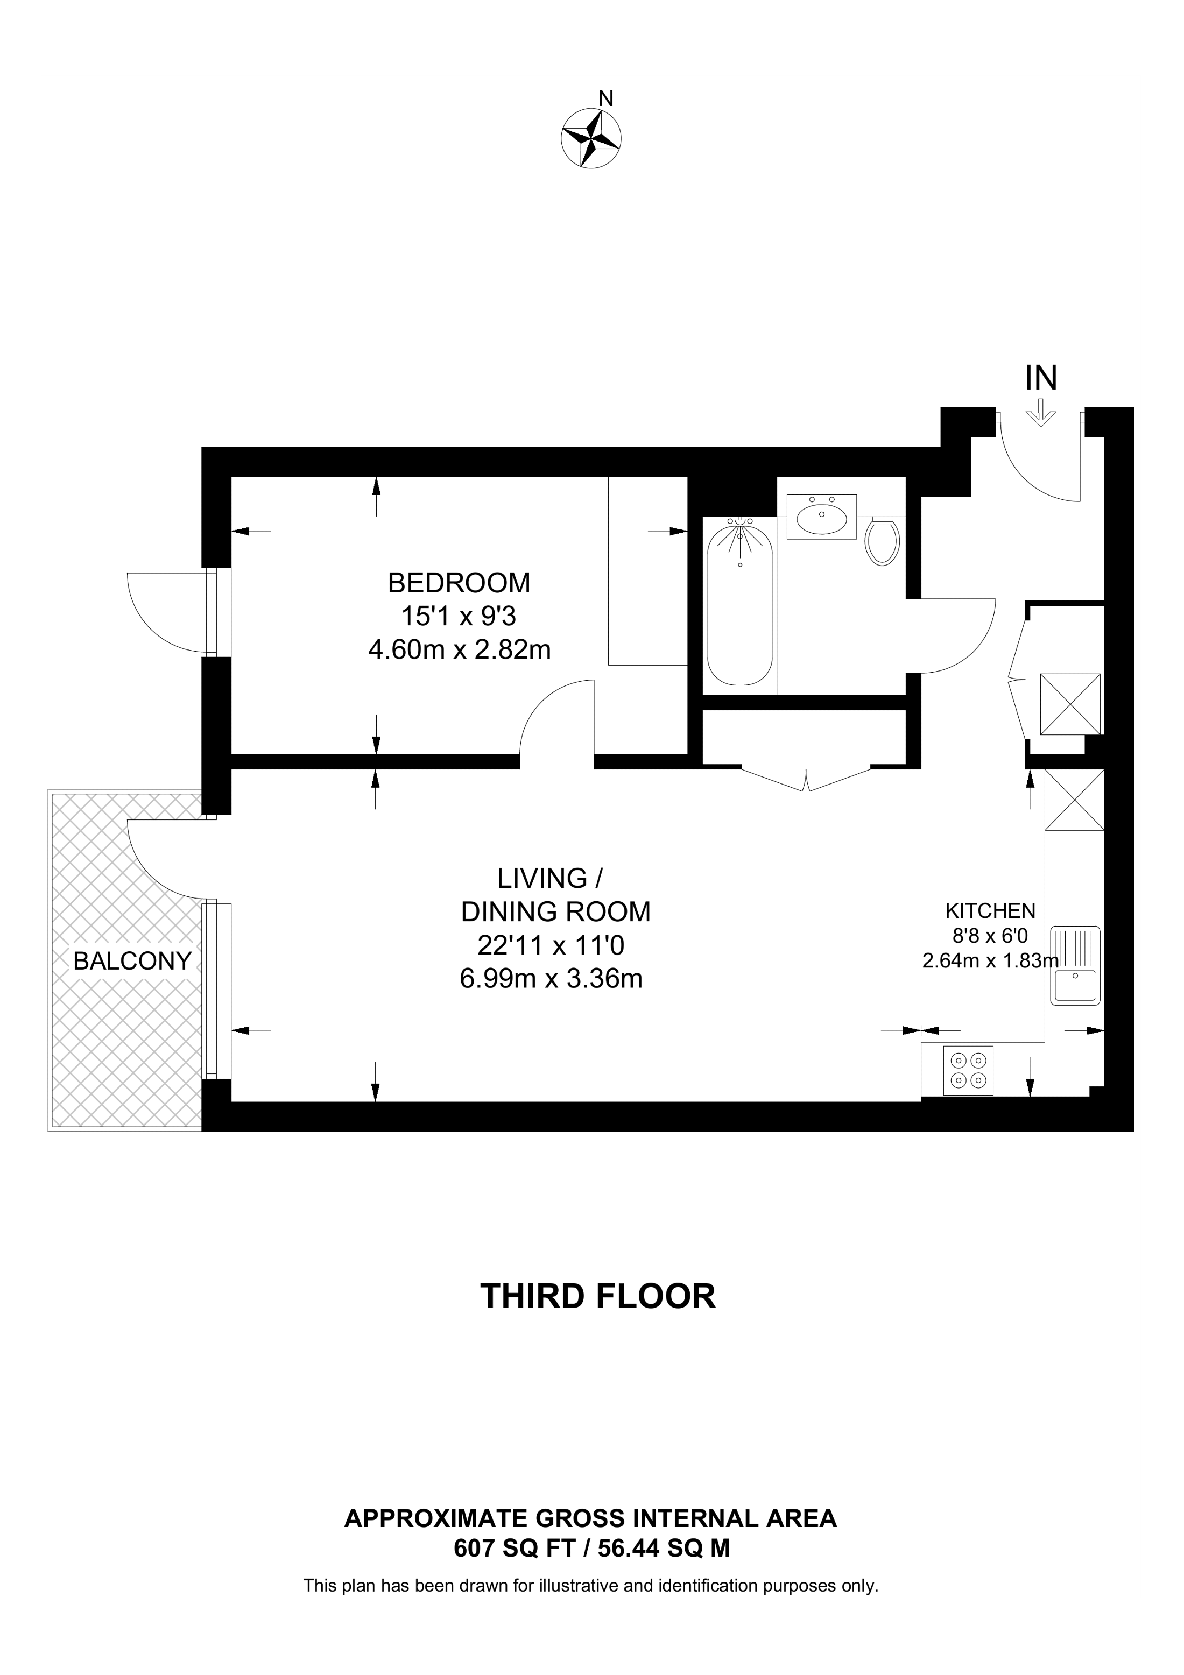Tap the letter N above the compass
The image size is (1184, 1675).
605,98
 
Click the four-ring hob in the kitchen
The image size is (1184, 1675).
968,1070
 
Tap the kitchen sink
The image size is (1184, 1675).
1075,966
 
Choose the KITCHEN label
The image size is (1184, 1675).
990,910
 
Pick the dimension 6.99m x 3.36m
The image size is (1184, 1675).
551,978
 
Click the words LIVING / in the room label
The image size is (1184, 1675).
550,878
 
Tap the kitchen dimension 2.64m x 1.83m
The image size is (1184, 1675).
990,961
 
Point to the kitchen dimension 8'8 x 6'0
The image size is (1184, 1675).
990,936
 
